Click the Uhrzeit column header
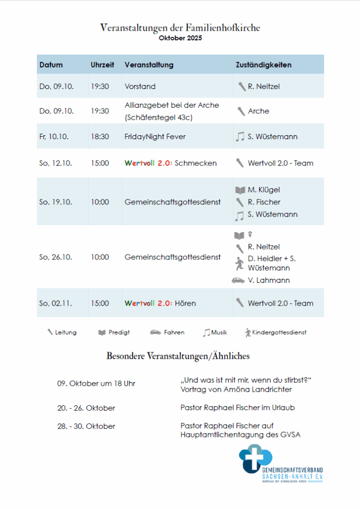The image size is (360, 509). (x=102, y=65)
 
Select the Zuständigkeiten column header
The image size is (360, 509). (x=263, y=65)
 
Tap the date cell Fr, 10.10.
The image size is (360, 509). (x=54, y=136)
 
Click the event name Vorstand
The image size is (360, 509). (x=140, y=86)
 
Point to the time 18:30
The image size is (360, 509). (x=100, y=136)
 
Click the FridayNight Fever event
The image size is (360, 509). (x=155, y=136)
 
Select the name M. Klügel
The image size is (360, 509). (x=264, y=190)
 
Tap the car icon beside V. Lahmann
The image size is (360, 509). (x=238, y=280)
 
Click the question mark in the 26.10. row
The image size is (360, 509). (x=250, y=235)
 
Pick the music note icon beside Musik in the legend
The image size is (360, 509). (x=206, y=333)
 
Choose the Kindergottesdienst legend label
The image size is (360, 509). (x=279, y=333)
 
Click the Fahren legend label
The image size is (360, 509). (x=174, y=333)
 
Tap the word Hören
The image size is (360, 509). (x=185, y=303)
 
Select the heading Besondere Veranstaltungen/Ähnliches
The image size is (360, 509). (x=178, y=356)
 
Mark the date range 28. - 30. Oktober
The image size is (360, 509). (x=86, y=426)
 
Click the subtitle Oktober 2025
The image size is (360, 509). (x=180, y=38)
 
